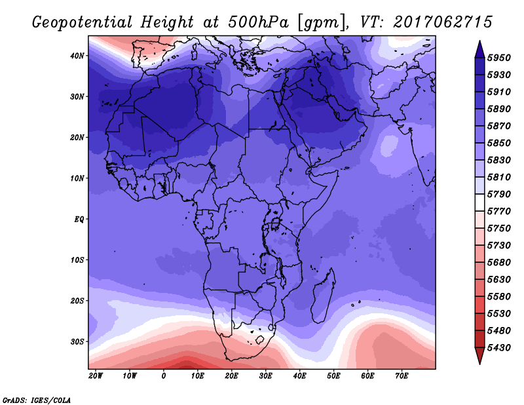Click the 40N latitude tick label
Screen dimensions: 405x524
(x=78, y=56)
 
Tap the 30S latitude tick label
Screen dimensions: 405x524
(x=78, y=341)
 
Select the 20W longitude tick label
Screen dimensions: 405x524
(x=96, y=376)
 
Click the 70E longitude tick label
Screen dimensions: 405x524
(x=402, y=376)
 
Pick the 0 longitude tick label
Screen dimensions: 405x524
(x=164, y=376)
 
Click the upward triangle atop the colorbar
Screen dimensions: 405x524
(x=479, y=48)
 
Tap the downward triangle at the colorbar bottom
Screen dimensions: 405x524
(x=479, y=356)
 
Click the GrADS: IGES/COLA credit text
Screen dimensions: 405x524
(x=36, y=398)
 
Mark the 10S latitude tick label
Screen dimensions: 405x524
(x=78, y=260)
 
